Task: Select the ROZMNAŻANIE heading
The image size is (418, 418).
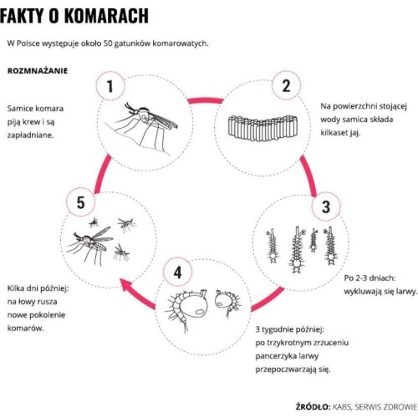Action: click(38, 71)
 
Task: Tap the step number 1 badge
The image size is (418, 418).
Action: click(110, 86)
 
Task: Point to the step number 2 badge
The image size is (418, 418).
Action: click(287, 85)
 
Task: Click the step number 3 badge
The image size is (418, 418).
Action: click(326, 206)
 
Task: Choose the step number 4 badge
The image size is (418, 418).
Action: click(177, 273)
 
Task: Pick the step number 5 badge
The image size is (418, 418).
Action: click(80, 202)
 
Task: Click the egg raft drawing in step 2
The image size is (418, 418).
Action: click(263, 128)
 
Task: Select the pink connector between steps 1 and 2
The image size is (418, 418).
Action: click(206, 100)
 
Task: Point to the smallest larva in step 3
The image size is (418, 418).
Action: click(314, 240)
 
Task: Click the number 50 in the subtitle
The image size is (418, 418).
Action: click(108, 43)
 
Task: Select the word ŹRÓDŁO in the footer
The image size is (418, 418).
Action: click(313, 406)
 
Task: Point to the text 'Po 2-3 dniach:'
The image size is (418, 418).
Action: click(370, 278)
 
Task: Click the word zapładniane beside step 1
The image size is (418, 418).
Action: click(31, 135)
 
